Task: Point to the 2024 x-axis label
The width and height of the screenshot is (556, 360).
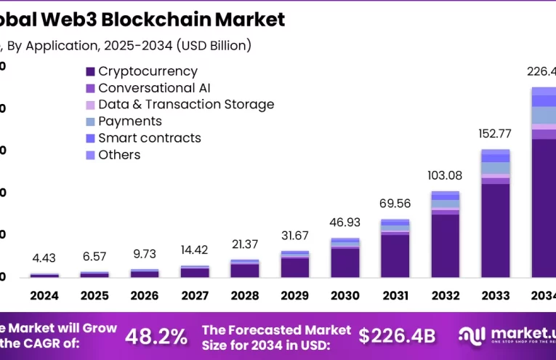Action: [x=44, y=296]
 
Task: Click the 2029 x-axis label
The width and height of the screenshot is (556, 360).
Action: [x=295, y=296]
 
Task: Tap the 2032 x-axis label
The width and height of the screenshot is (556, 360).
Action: [x=445, y=296]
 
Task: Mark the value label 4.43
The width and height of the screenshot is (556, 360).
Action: [x=44, y=257]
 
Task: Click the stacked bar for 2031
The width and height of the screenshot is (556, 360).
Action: [x=395, y=248]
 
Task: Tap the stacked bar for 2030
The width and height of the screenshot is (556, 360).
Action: [x=345, y=257]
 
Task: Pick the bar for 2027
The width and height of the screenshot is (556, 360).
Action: [x=195, y=271]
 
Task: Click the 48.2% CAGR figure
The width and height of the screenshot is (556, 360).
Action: [x=156, y=336]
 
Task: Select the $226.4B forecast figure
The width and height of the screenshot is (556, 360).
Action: [x=397, y=336]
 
